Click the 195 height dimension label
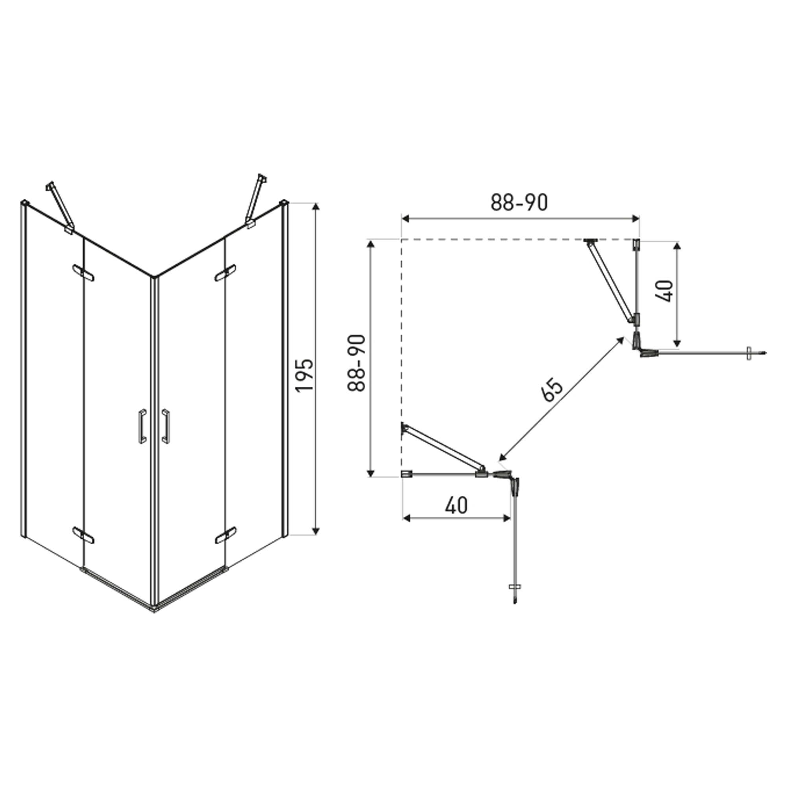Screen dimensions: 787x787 coord(304,375)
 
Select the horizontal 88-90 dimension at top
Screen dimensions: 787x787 coord(519,203)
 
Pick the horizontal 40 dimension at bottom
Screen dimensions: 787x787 coord(456,506)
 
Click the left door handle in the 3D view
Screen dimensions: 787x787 coord(142,426)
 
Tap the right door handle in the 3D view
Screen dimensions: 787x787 coord(165,426)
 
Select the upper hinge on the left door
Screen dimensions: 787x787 coord(83,273)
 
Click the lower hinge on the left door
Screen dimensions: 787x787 coord(83,535)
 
